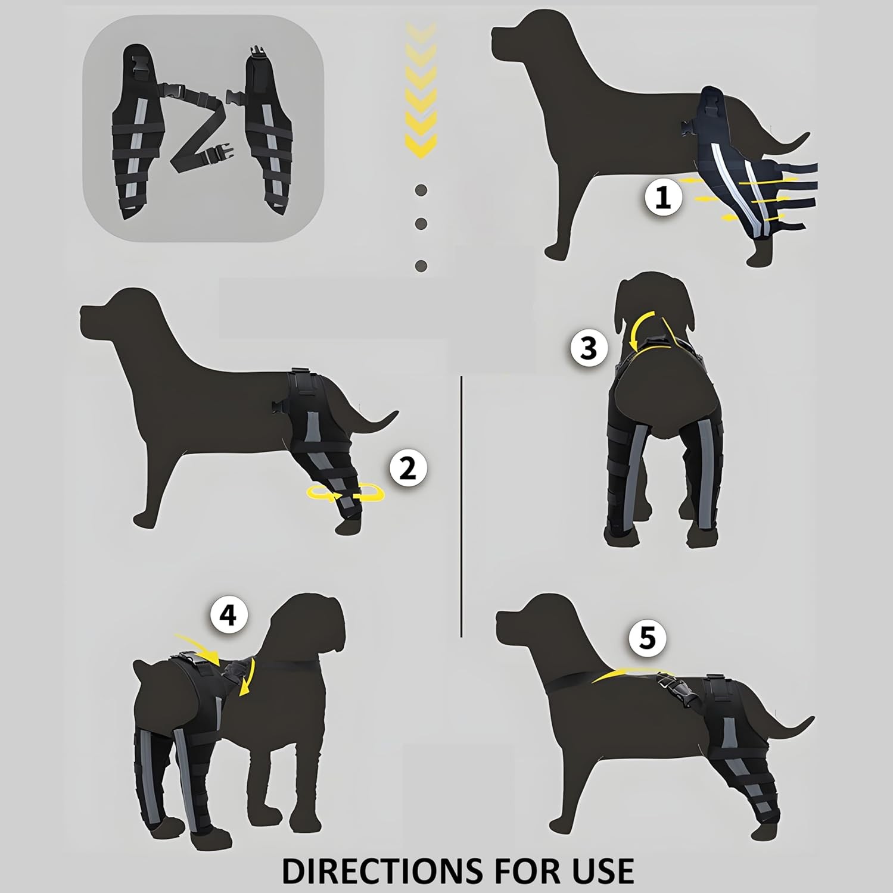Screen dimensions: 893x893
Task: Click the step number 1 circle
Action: (x=663, y=197)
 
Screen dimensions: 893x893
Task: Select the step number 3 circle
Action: (x=589, y=347)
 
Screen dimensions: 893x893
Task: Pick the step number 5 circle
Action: (x=648, y=639)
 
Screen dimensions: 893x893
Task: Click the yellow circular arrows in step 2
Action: (x=346, y=494)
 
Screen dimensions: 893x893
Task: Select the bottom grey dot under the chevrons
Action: (x=421, y=266)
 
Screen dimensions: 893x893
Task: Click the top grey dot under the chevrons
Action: (x=421, y=191)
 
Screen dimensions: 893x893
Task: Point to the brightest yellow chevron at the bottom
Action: (x=421, y=145)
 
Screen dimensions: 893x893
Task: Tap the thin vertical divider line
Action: (x=462, y=506)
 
